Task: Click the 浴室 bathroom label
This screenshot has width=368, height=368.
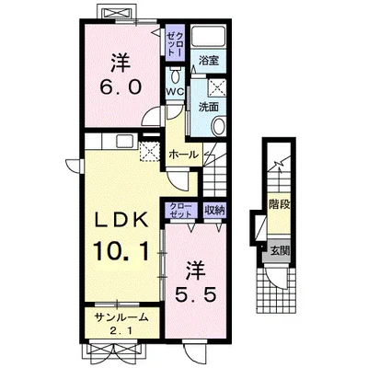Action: click(208, 61)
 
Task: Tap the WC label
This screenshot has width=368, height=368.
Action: click(175, 92)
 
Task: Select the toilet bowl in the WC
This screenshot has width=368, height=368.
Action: click(176, 75)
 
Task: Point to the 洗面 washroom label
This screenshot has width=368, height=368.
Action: click(208, 107)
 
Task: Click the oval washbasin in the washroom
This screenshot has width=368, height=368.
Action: click(219, 126)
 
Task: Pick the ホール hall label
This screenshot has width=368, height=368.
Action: click(184, 155)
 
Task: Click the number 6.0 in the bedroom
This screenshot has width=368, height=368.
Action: click(121, 87)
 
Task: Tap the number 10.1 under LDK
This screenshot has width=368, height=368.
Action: click(121, 251)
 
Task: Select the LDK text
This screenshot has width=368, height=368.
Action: click(121, 220)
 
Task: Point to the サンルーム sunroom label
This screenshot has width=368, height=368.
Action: click(121, 318)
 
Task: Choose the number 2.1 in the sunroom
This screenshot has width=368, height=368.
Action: click(121, 331)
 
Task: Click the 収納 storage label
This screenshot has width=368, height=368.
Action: click(214, 211)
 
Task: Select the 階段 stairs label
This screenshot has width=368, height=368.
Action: click(279, 204)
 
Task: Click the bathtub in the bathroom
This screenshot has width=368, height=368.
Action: click(209, 36)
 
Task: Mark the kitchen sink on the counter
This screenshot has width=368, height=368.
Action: click(125, 142)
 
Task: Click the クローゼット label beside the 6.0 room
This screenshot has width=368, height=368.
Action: click(175, 43)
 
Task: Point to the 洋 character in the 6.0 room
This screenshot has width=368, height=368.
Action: click(121, 63)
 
